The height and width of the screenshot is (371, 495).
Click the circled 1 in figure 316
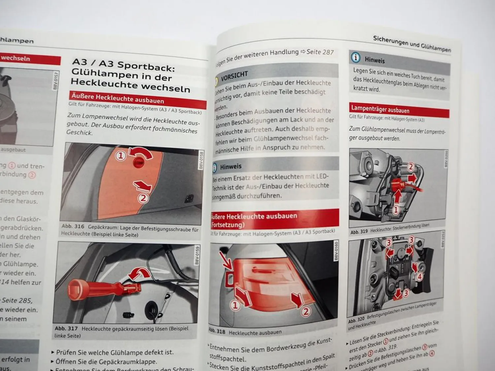coord(120,156)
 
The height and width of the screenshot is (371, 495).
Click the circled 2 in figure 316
coord(143,198)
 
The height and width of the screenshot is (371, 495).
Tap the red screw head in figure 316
coord(138,162)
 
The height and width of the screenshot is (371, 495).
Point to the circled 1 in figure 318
coord(235,305)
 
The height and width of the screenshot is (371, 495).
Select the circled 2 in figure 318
coord(306,312)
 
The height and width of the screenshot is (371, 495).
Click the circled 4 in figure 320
coord(419,277)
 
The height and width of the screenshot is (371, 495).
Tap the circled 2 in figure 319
coord(411,167)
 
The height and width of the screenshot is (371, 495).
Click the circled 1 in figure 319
coord(395,209)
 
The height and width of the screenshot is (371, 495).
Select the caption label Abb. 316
coord(73,227)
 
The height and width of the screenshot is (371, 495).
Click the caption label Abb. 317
coord(66,328)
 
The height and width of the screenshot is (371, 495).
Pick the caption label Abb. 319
coord(359,232)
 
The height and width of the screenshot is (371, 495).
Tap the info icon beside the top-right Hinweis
coord(355,58)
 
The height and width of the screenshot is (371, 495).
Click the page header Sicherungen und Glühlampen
coord(412,43)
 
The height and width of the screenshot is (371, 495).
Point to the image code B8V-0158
coord(201,160)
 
